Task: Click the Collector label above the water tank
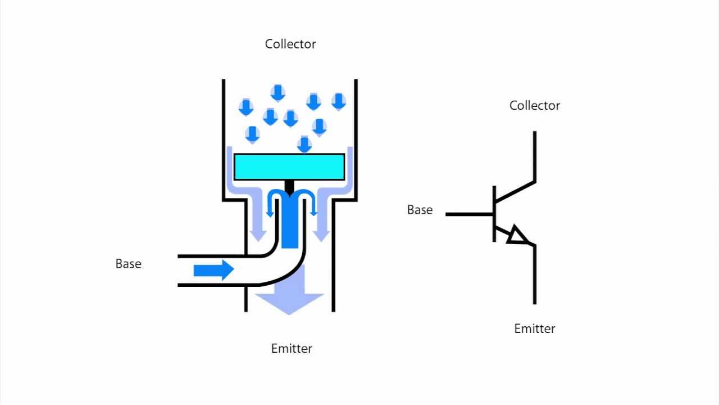(x=290, y=44)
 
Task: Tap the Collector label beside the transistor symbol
(x=534, y=105)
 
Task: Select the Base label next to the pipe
(x=128, y=264)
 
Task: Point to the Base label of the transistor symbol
(x=420, y=210)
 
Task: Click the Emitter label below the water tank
(x=292, y=348)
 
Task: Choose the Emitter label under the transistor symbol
(x=534, y=328)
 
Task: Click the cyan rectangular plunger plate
(x=289, y=167)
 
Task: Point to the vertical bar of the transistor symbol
(x=494, y=214)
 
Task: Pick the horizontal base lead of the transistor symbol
(x=470, y=214)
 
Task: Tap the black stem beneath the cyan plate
(x=289, y=186)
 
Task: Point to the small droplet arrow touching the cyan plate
(x=304, y=145)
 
